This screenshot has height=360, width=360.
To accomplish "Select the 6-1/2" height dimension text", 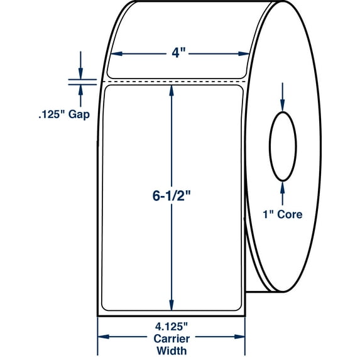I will coord(172,196).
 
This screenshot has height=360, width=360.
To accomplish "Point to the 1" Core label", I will coord(282,215).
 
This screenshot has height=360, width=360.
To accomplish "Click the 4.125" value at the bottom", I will coord(172,327).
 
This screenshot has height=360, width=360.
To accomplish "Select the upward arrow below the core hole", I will coord(282,190).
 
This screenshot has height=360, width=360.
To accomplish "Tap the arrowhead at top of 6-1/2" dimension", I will coord(172,91).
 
